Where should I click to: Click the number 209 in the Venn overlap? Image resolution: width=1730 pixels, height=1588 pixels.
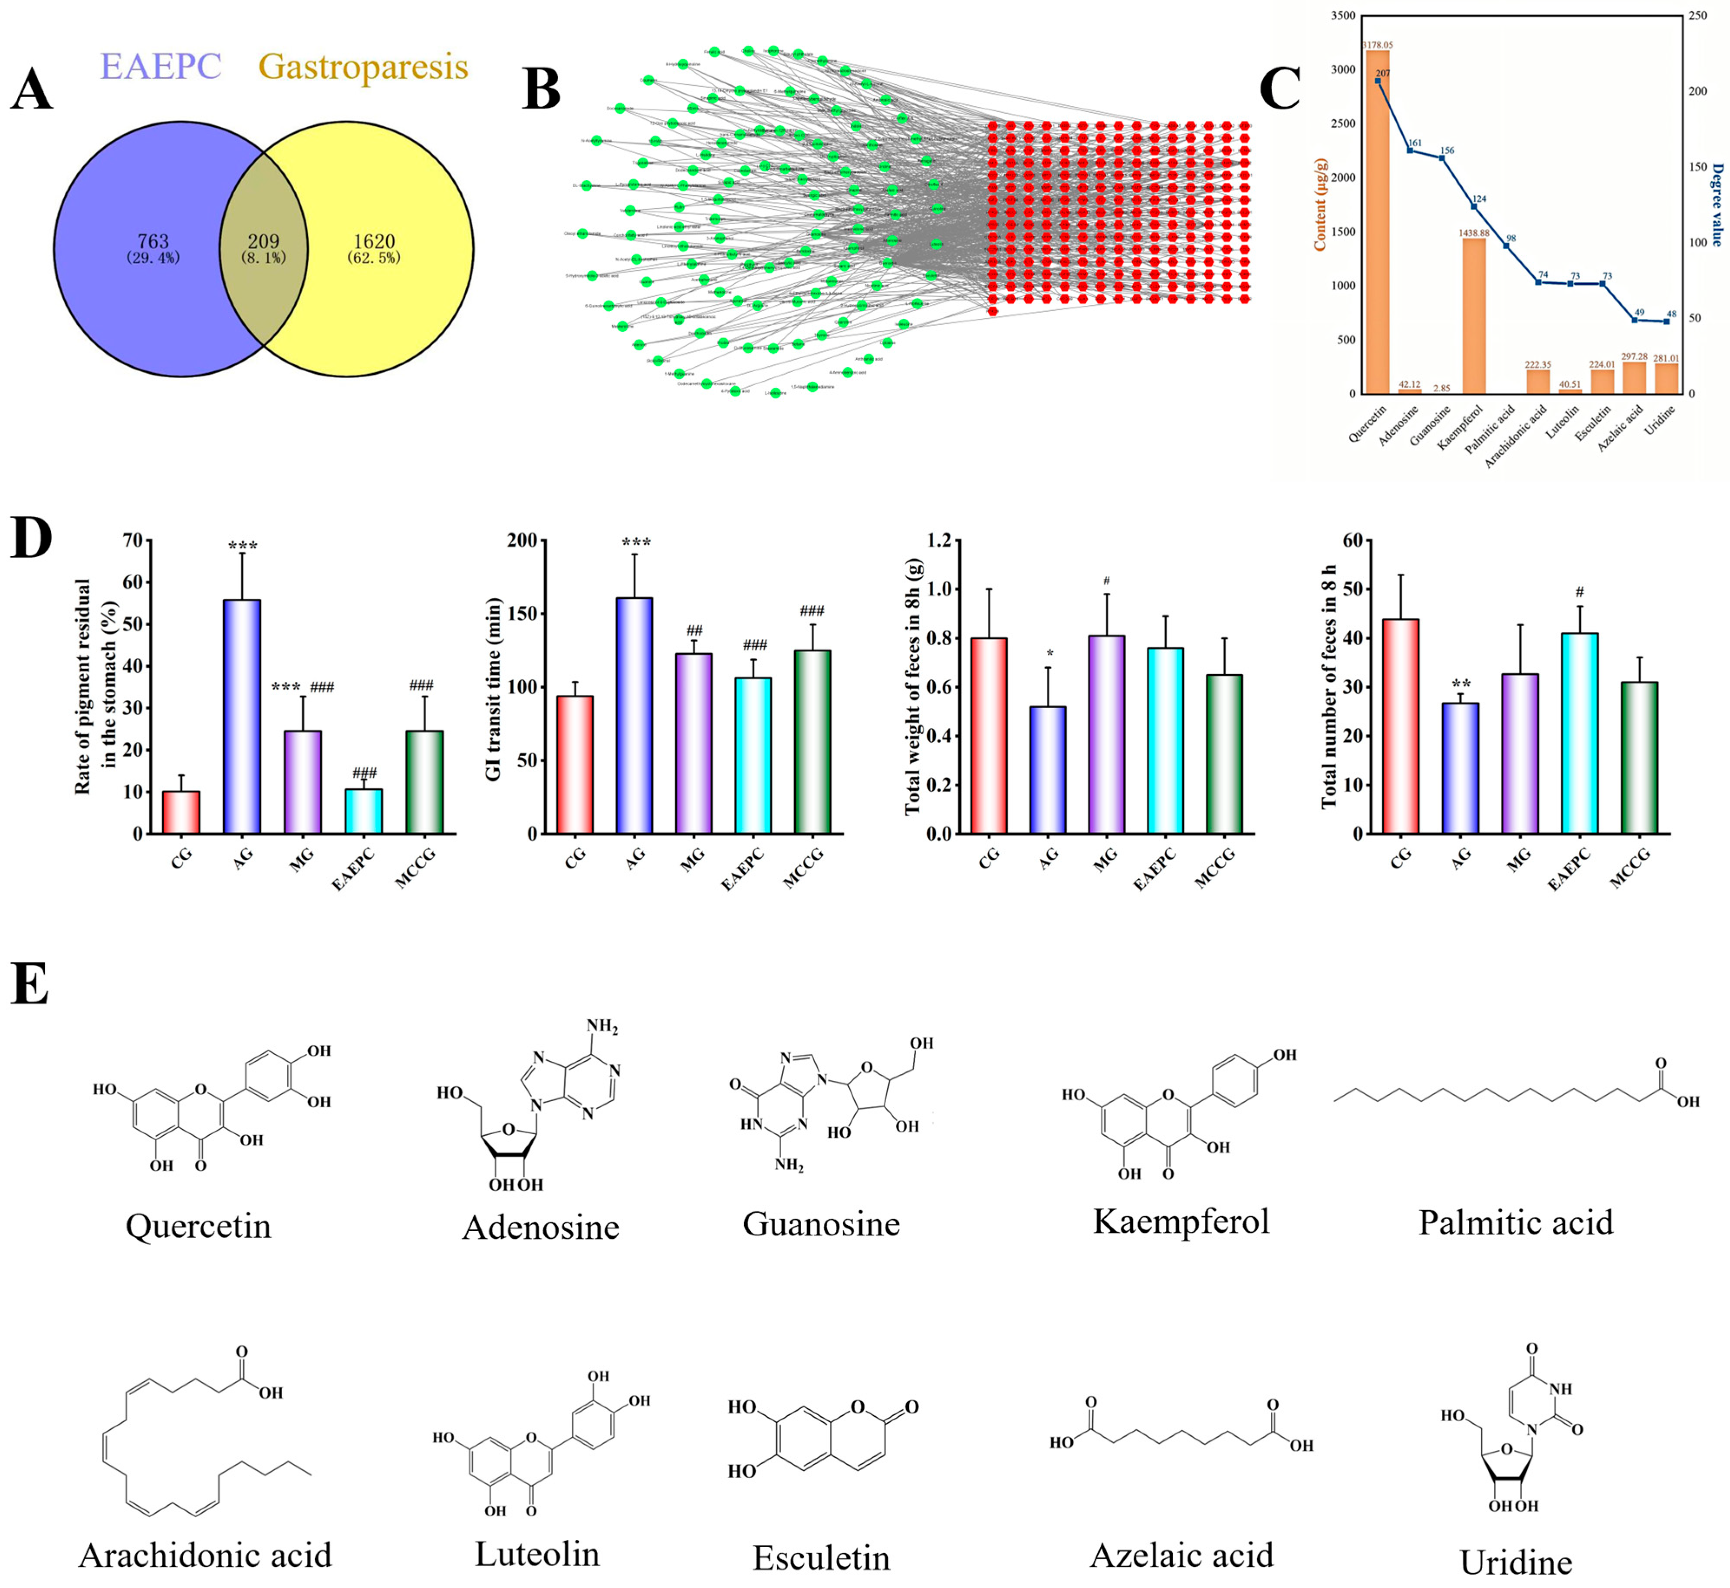pos(264,242)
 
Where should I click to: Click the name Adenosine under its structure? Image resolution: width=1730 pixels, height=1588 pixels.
pos(540,1227)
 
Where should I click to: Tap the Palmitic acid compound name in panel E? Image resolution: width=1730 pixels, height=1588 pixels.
pos(1515,1222)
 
